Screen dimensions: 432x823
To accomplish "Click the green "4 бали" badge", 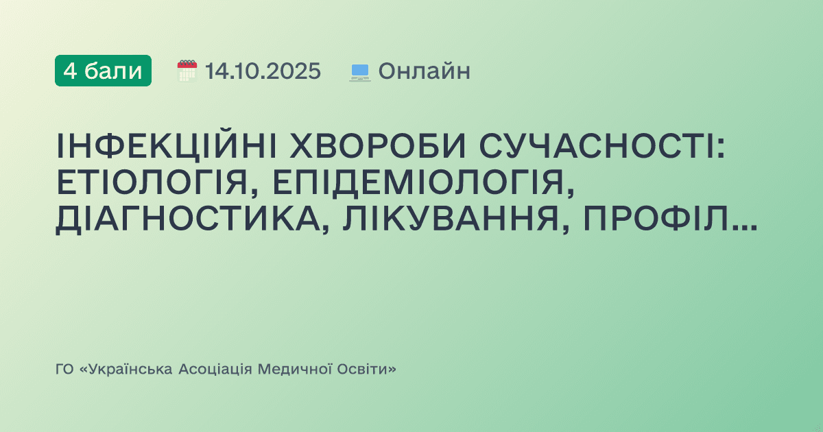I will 103,71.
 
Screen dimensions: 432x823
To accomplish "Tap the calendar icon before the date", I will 187,71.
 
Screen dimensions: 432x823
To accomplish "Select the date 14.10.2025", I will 263,71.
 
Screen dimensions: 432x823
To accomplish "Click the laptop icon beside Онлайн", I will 360,71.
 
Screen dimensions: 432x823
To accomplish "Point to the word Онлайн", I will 424,71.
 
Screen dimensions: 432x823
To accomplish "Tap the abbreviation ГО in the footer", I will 64,370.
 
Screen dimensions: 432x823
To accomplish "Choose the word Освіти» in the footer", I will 366,370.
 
